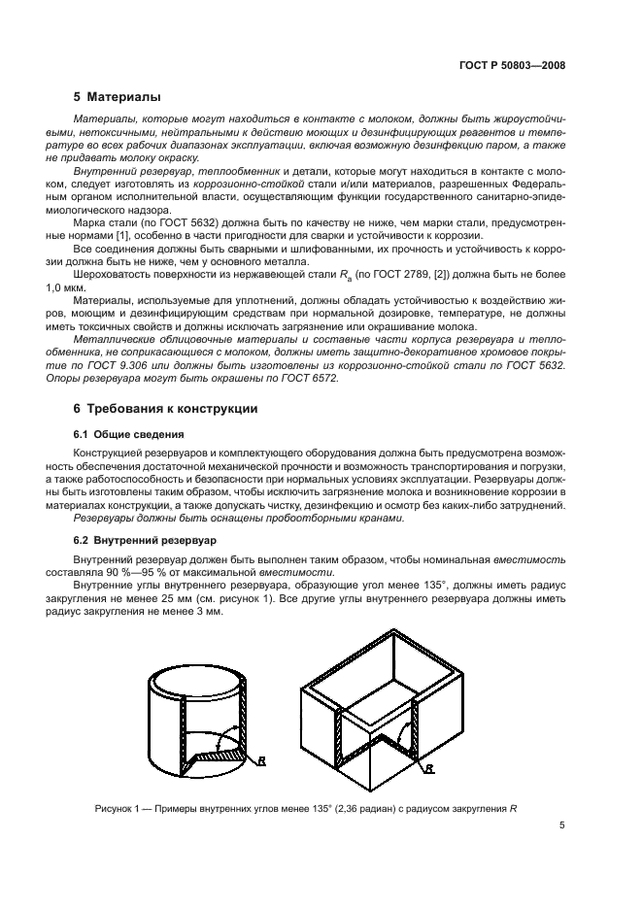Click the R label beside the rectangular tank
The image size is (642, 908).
click(x=428, y=767)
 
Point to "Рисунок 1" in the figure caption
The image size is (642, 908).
click(x=122, y=806)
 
